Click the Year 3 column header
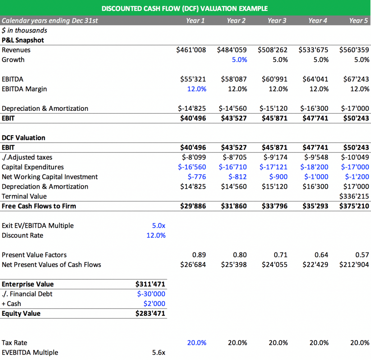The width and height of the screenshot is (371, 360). pos(277,21)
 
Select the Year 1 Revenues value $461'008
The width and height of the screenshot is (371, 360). pos(191,50)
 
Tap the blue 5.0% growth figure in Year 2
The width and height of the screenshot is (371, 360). pos(239,60)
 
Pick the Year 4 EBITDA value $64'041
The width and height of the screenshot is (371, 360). pos(315,79)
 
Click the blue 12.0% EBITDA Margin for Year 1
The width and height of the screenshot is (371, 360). pos(197,89)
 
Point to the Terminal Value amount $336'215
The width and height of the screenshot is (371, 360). pos(354,196)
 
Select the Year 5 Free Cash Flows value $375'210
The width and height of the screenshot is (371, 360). pos(354,206)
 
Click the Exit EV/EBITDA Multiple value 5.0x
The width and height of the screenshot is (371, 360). pos(159,225)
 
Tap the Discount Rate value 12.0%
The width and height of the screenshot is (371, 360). pos(156,235)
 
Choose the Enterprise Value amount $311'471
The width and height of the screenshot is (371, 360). pos(150,284)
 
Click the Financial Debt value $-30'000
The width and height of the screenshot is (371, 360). pos(151,294)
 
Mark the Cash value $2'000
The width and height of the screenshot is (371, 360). pos(154,304)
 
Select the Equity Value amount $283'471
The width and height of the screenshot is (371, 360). pos(150,313)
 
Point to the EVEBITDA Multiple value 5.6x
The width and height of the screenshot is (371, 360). pos(159,352)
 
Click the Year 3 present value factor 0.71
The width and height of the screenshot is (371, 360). pos(280,255)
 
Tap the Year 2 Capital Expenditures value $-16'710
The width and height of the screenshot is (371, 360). pos(233,167)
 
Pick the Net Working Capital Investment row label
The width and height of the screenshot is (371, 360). pos(50,177)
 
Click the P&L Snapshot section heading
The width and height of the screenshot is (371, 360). pos(23,40)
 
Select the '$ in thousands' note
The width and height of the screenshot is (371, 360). pos(24,30)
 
